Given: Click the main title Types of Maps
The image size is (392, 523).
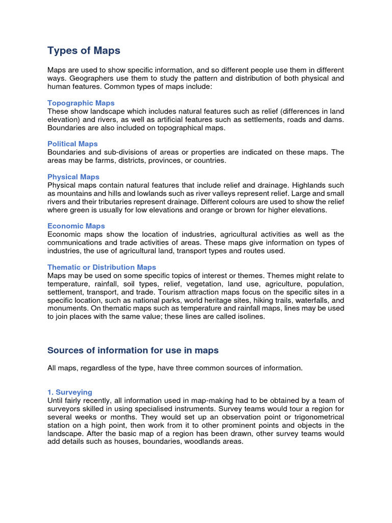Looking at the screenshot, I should (x=84, y=50).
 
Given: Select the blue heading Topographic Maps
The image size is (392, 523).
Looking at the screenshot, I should (x=81, y=103).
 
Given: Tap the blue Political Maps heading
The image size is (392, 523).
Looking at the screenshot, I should (x=72, y=144).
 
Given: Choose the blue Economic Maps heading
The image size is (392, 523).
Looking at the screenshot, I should (x=76, y=226).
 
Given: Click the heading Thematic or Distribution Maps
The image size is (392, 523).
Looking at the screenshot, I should (x=102, y=267).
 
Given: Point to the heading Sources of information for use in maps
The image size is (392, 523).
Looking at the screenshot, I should (x=133, y=350).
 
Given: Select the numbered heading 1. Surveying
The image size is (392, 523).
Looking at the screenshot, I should (x=70, y=392).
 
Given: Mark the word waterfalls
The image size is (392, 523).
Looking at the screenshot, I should (x=315, y=300).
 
